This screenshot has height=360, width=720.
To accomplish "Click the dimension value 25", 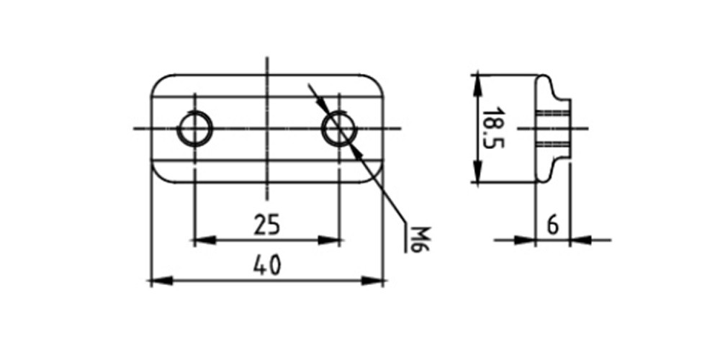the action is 267,225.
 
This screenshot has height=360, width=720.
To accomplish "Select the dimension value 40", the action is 267,266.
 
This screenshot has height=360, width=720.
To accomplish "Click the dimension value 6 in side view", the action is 553,226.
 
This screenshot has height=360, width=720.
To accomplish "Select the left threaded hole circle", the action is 194,129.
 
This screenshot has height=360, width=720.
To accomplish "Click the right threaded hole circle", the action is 339,129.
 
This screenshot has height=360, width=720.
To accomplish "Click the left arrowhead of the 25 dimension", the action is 204,240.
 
